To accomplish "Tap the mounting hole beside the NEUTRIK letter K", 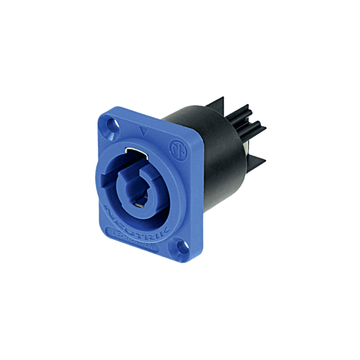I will tap(180, 246).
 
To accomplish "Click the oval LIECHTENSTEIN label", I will tap(136, 236).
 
